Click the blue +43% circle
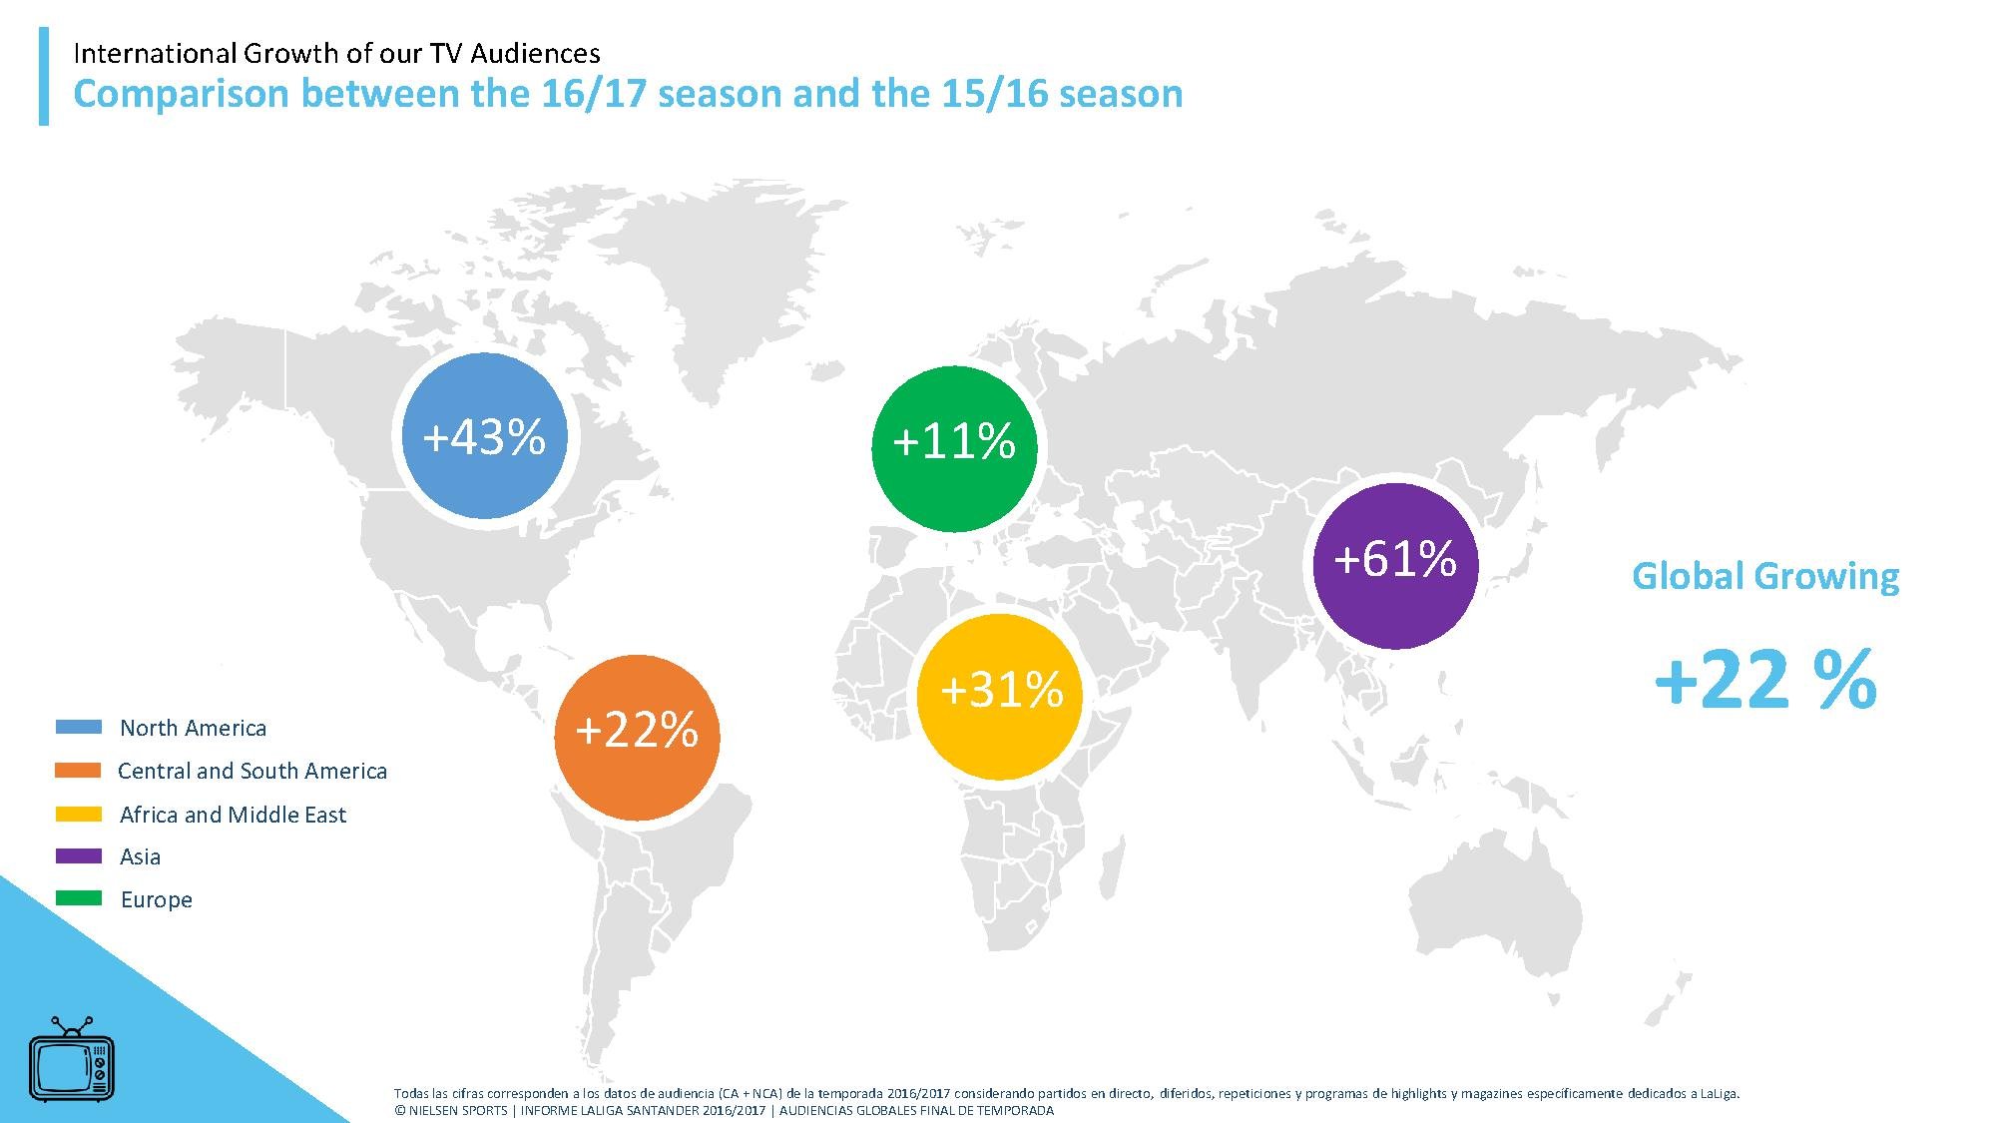(484, 436)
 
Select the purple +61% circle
(1395, 565)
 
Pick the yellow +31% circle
(1000, 696)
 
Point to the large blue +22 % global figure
(1764, 681)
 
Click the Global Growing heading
(1764, 577)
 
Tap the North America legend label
(193, 728)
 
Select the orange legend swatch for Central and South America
(78, 771)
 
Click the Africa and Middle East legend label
(233, 815)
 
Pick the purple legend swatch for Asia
(78, 856)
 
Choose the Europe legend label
(156, 899)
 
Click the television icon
(71, 1060)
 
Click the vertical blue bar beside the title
(44, 76)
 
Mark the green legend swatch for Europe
(78, 898)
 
